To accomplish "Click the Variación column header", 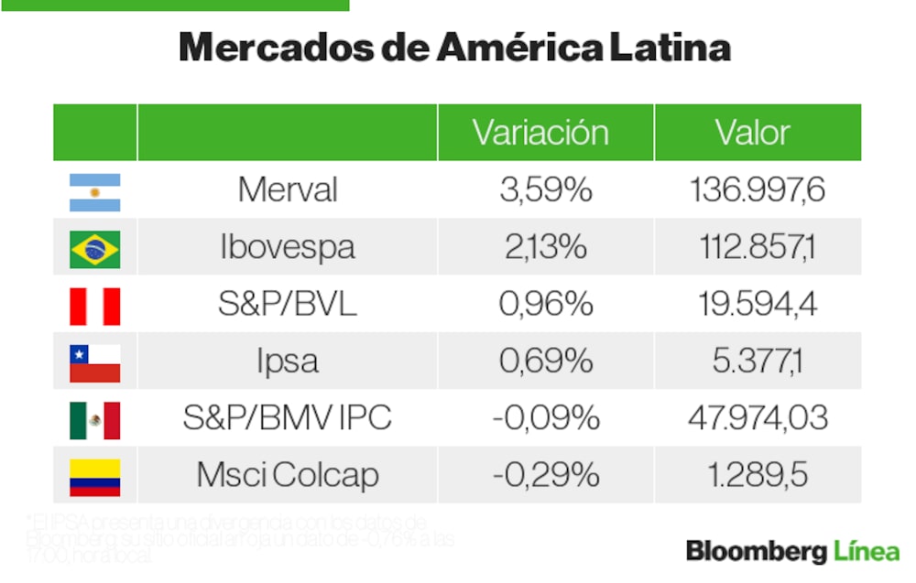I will [x=540, y=133].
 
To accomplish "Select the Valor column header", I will [x=752, y=133].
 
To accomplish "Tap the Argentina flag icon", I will [x=94, y=191].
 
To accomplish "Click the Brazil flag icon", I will [x=94, y=249].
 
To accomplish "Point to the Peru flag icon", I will [x=94, y=306].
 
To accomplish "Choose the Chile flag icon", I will [x=94, y=362].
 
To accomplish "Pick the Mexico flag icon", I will [x=94, y=419].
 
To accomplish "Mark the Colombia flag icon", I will [x=94, y=476].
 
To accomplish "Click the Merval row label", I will [x=288, y=190].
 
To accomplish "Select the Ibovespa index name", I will [x=288, y=248].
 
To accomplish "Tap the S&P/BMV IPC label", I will [x=288, y=418].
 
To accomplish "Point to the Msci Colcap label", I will [x=288, y=475].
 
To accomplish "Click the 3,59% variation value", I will [x=546, y=190].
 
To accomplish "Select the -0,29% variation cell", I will [x=546, y=475].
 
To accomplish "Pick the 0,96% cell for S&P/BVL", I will [x=546, y=305].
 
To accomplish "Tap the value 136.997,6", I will [x=758, y=190].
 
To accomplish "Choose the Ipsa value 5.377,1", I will [x=758, y=362].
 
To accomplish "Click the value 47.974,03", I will [x=758, y=418].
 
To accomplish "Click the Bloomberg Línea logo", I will [x=792, y=551].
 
